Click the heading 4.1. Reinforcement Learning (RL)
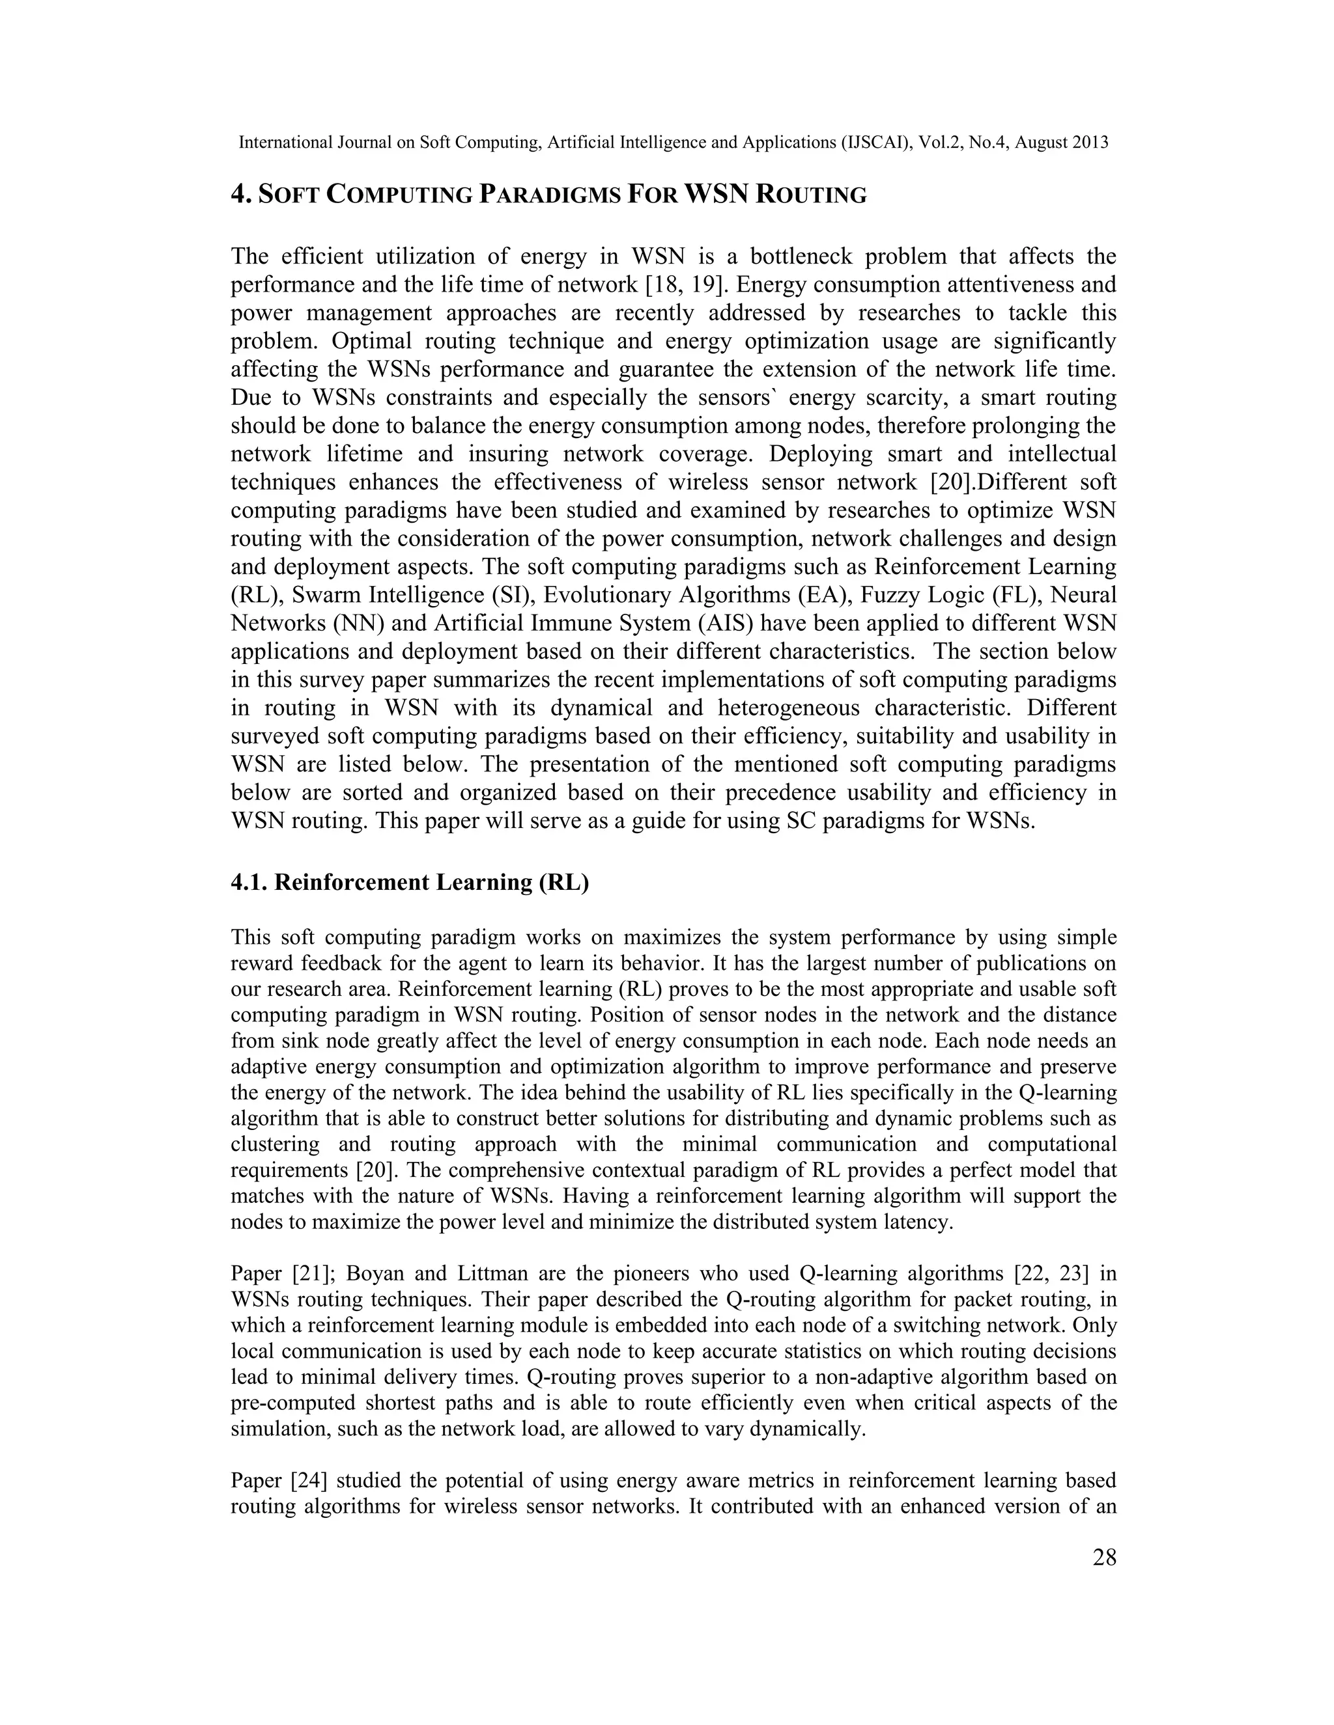click(409, 882)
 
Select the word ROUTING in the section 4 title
click(812, 194)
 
